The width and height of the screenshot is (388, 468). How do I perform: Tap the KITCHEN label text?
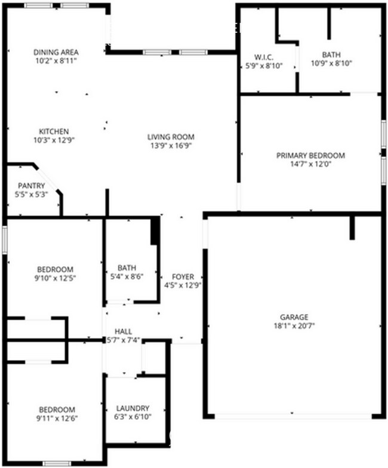click(54, 131)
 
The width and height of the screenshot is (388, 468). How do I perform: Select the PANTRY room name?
click(31, 186)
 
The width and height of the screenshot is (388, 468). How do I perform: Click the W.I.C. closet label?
click(263, 57)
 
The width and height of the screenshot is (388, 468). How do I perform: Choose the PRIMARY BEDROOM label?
click(310, 155)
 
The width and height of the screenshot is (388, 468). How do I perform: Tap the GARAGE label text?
click(294, 317)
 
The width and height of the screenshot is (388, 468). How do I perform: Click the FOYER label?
click(183, 277)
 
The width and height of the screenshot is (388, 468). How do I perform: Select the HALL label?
click(124, 331)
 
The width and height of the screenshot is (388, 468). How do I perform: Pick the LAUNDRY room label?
click(133, 408)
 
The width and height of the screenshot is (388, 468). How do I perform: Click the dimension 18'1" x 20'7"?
click(294, 325)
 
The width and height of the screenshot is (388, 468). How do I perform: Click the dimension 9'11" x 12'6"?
click(57, 418)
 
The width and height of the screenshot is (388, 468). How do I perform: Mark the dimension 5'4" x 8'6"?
click(127, 276)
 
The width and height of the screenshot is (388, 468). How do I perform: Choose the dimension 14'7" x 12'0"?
click(310, 164)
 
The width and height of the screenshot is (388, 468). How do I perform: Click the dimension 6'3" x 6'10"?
click(133, 417)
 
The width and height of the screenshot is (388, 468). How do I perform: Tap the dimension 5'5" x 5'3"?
click(31, 194)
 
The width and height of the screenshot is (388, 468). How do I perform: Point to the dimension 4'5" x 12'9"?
click(183, 285)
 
